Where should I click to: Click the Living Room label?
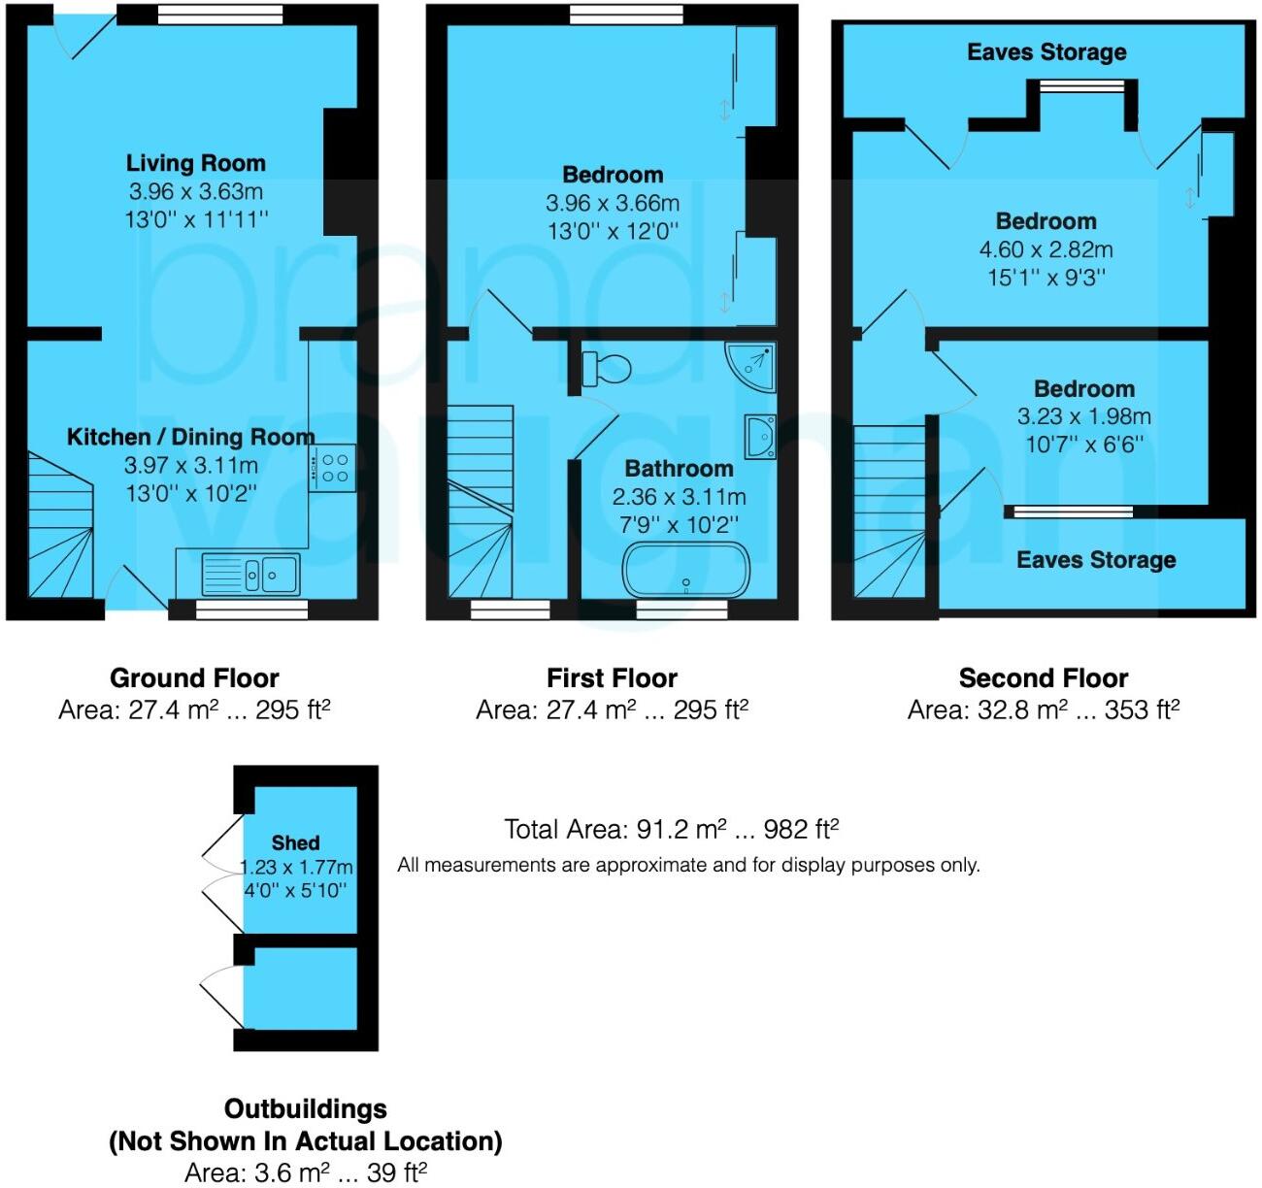pos(195,163)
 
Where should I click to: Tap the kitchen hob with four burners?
pos(334,468)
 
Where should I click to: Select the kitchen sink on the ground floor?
pos(251,574)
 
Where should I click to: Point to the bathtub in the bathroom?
pos(685,571)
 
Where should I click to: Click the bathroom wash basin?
pos(760,437)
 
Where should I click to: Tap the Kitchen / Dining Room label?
pos(190,437)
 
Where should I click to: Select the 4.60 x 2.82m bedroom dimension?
pos(1046,249)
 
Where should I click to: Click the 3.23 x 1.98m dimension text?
pos(1083,416)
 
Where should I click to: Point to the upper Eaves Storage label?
pos(1046,52)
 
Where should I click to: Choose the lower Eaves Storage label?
pos(1095,560)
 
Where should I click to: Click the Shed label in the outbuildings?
pos(295,842)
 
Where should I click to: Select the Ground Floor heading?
pos(194,677)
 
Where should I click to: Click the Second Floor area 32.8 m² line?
pos(1043,709)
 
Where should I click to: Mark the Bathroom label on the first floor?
pos(679,469)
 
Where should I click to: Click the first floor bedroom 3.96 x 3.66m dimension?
pos(612,203)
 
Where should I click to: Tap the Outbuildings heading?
pos(305,1108)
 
